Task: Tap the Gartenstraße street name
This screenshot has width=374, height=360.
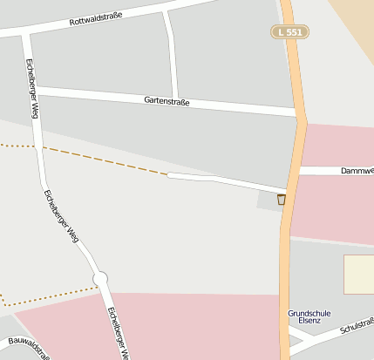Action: [x=167, y=101]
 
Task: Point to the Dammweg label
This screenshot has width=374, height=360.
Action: [x=357, y=171]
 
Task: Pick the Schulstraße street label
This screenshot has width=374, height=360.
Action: [x=357, y=326]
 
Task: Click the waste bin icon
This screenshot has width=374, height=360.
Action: [x=281, y=200]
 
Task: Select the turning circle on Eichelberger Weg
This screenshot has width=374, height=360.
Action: [x=100, y=278]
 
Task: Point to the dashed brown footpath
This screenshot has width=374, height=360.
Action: [x=105, y=161]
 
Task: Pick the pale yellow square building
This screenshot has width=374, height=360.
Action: [x=358, y=274]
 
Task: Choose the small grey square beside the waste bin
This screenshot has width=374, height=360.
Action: [x=268, y=200]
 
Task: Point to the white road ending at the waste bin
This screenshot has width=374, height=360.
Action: [x=227, y=182]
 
